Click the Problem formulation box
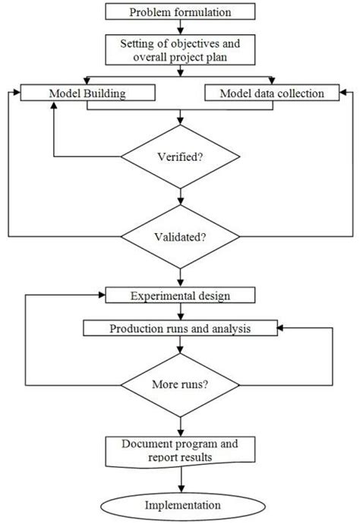click(x=180, y=11)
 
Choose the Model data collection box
click(x=270, y=93)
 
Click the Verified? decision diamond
click(x=180, y=159)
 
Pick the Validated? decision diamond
click(x=180, y=236)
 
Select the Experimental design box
click(x=180, y=295)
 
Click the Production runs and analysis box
click(x=180, y=329)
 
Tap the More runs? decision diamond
click(x=180, y=384)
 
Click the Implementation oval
click(x=180, y=505)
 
